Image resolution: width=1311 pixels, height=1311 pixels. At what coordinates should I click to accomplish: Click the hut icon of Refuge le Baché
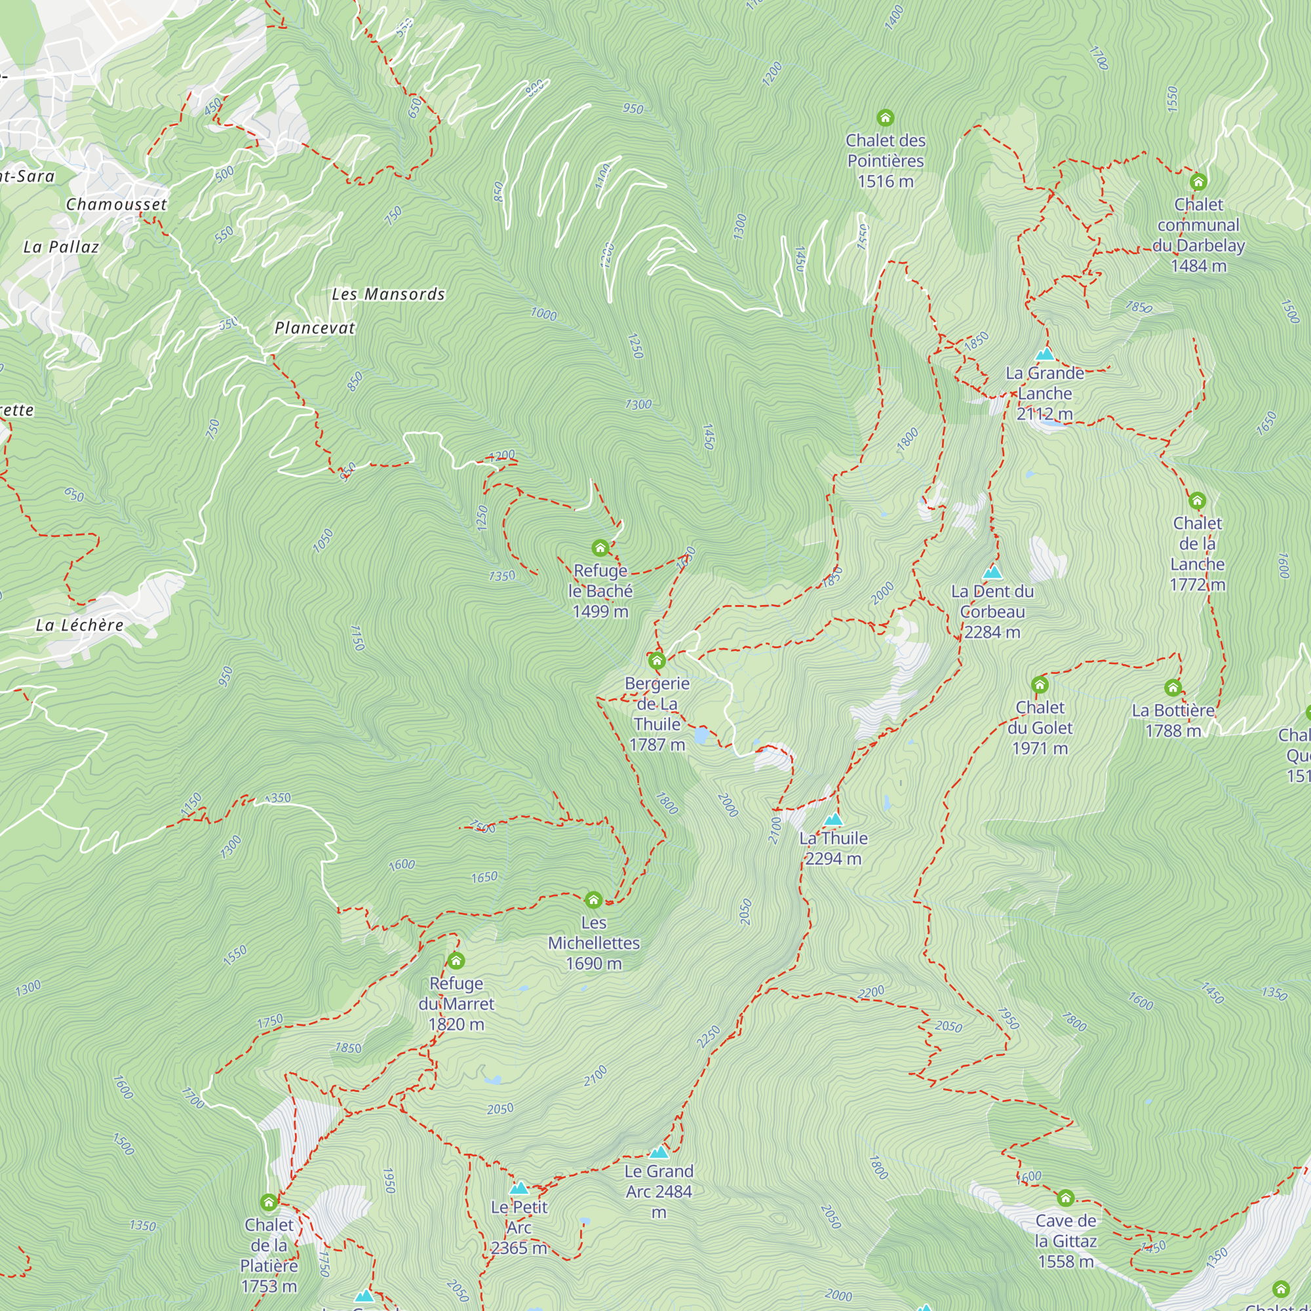click(600, 547)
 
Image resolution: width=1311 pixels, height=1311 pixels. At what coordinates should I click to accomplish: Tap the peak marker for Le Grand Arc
click(659, 1152)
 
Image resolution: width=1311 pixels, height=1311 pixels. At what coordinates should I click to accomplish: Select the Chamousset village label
click(116, 205)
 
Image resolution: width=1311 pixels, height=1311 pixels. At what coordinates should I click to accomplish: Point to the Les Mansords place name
click(388, 294)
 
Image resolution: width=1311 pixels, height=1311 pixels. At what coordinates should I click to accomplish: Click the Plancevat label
click(315, 328)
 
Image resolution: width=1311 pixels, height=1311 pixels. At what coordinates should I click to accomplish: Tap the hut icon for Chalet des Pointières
click(885, 118)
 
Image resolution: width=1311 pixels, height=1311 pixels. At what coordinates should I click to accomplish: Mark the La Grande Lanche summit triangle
click(1045, 354)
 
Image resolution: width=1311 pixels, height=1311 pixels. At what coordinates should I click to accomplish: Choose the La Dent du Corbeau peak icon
click(992, 572)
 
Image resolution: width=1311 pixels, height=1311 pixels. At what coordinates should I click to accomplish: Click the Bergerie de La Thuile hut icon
click(656, 660)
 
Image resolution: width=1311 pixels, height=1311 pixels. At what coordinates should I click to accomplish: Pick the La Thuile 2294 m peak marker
click(833, 820)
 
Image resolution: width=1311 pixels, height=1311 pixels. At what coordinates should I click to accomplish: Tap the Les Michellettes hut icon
click(593, 900)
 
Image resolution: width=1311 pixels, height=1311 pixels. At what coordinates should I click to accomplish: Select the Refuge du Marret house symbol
click(456, 960)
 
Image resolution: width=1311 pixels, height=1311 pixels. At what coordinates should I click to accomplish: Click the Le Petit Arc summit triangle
click(519, 1188)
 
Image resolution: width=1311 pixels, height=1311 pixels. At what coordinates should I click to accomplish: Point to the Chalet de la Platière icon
click(269, 1202)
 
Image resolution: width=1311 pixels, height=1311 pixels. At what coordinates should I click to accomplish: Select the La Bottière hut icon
click(1173, 688)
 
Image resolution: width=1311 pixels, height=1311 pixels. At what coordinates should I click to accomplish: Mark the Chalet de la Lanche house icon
click(1197, 501)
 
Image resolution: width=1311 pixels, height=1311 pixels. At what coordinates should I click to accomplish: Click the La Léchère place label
click(79, 625)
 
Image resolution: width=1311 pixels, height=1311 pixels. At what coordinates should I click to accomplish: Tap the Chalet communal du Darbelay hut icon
click(1198, 182)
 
